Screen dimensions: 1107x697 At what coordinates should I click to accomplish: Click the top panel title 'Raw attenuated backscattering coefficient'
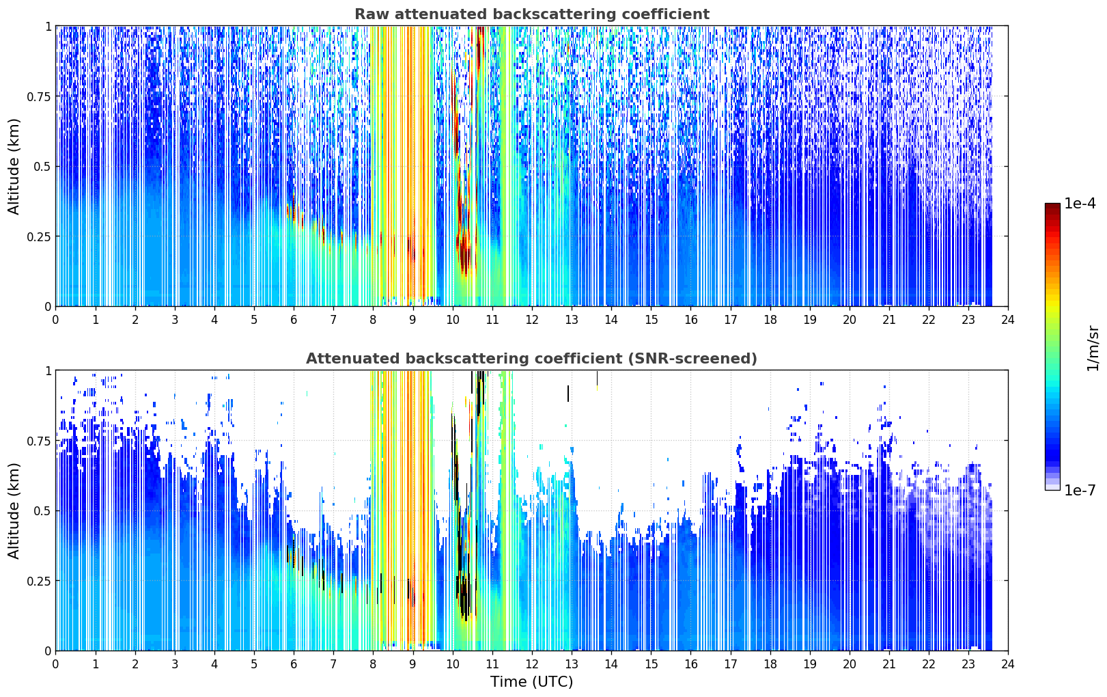[532, 14]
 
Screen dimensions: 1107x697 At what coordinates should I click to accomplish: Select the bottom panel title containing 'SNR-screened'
[532, 358]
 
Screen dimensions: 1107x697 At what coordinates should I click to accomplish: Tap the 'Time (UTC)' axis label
[532, 682]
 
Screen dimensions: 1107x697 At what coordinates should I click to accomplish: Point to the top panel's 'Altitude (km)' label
[14, 167]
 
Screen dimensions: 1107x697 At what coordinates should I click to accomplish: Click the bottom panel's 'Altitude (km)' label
[14, 511]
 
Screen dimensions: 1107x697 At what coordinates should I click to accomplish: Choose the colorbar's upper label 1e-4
[1080, 203]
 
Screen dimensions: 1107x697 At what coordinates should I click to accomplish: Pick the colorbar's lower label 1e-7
[1080, 491]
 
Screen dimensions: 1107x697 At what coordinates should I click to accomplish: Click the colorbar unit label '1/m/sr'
[1093, 348]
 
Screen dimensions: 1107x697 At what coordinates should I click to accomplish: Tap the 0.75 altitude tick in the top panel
[38, 96]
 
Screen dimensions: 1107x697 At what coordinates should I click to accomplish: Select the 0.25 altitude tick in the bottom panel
[38, 581]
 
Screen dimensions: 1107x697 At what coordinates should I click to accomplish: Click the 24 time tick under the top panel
[1008, 320]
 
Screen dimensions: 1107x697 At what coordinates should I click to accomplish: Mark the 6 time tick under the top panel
[294, 320]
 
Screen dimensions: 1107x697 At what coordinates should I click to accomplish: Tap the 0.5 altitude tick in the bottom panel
[42, 510]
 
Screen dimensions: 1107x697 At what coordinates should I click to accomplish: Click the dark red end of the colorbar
[1052, 206]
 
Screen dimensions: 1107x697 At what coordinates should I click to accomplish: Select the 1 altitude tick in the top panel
[48, 27]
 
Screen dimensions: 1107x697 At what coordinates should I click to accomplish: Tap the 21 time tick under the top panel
[889, 320]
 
